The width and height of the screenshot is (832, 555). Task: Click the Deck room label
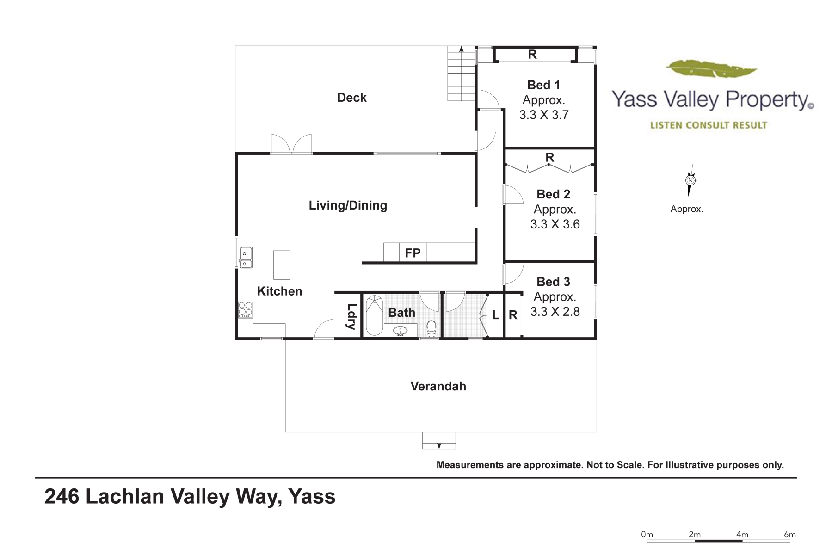click(351, 98)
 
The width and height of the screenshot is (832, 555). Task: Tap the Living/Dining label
click(348, 205)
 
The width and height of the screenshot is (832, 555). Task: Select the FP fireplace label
click(413, 253)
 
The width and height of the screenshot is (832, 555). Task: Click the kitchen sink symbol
click(246, 257)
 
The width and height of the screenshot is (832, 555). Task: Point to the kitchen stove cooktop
click(246, 309)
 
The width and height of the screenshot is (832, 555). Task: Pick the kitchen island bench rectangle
click(282, 265)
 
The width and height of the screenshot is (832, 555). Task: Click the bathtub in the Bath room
click(375, 315)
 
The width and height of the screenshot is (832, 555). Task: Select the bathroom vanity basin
click(400, 330)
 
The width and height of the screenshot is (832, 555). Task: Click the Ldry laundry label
click(351, 316)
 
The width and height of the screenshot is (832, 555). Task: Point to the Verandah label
click(438, 386)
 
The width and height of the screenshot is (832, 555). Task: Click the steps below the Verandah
click(439, 440)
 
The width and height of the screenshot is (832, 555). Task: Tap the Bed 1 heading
click(543, 85)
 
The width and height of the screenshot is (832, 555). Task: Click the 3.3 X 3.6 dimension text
click(555, 224)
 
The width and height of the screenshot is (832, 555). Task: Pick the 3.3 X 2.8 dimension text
click(555, 312)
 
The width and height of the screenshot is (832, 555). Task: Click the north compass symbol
click(690, 180)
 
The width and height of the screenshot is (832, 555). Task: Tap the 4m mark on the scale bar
click(742, 535)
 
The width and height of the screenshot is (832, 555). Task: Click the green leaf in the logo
click(711, 69)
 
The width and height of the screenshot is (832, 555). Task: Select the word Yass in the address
click(312, 497)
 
